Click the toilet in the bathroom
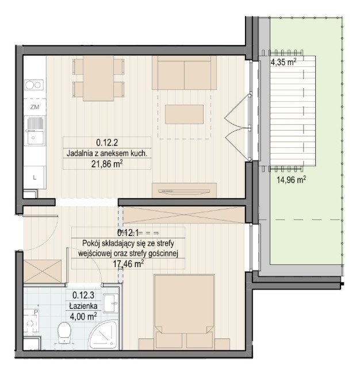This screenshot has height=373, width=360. click(x=64, y=333)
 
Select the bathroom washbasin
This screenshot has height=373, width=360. click(x=111, y=303)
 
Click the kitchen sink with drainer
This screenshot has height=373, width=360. click(x=35, y=131)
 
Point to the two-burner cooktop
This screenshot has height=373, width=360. click(x=34, y=85)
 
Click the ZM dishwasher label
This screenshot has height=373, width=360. click(x=35, y=107)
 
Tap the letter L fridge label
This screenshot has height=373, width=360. click(x=35, y=177)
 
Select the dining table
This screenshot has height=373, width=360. click(x=98, y=78)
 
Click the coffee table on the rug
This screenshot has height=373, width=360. click(x=185, y=115)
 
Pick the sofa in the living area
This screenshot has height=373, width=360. click(x=185, y=73)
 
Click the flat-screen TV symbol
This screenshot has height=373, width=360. click(x=185, y=191)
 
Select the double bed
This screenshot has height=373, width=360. click(x=185, y=312)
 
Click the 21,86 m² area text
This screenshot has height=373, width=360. click(x=107, y=164)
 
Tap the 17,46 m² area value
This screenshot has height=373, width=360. click(x=128, y=264)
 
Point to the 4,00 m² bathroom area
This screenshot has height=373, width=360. click(x=83, y=317)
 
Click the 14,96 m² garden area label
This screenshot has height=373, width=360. click(x=292, y=180)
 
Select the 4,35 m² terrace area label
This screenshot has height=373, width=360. click(x=284, y=62)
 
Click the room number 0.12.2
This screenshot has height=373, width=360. click(x=107, y=143)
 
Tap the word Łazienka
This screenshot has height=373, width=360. click(x=83, y=306)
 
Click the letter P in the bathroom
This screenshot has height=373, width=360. click(x=36, y=312)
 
